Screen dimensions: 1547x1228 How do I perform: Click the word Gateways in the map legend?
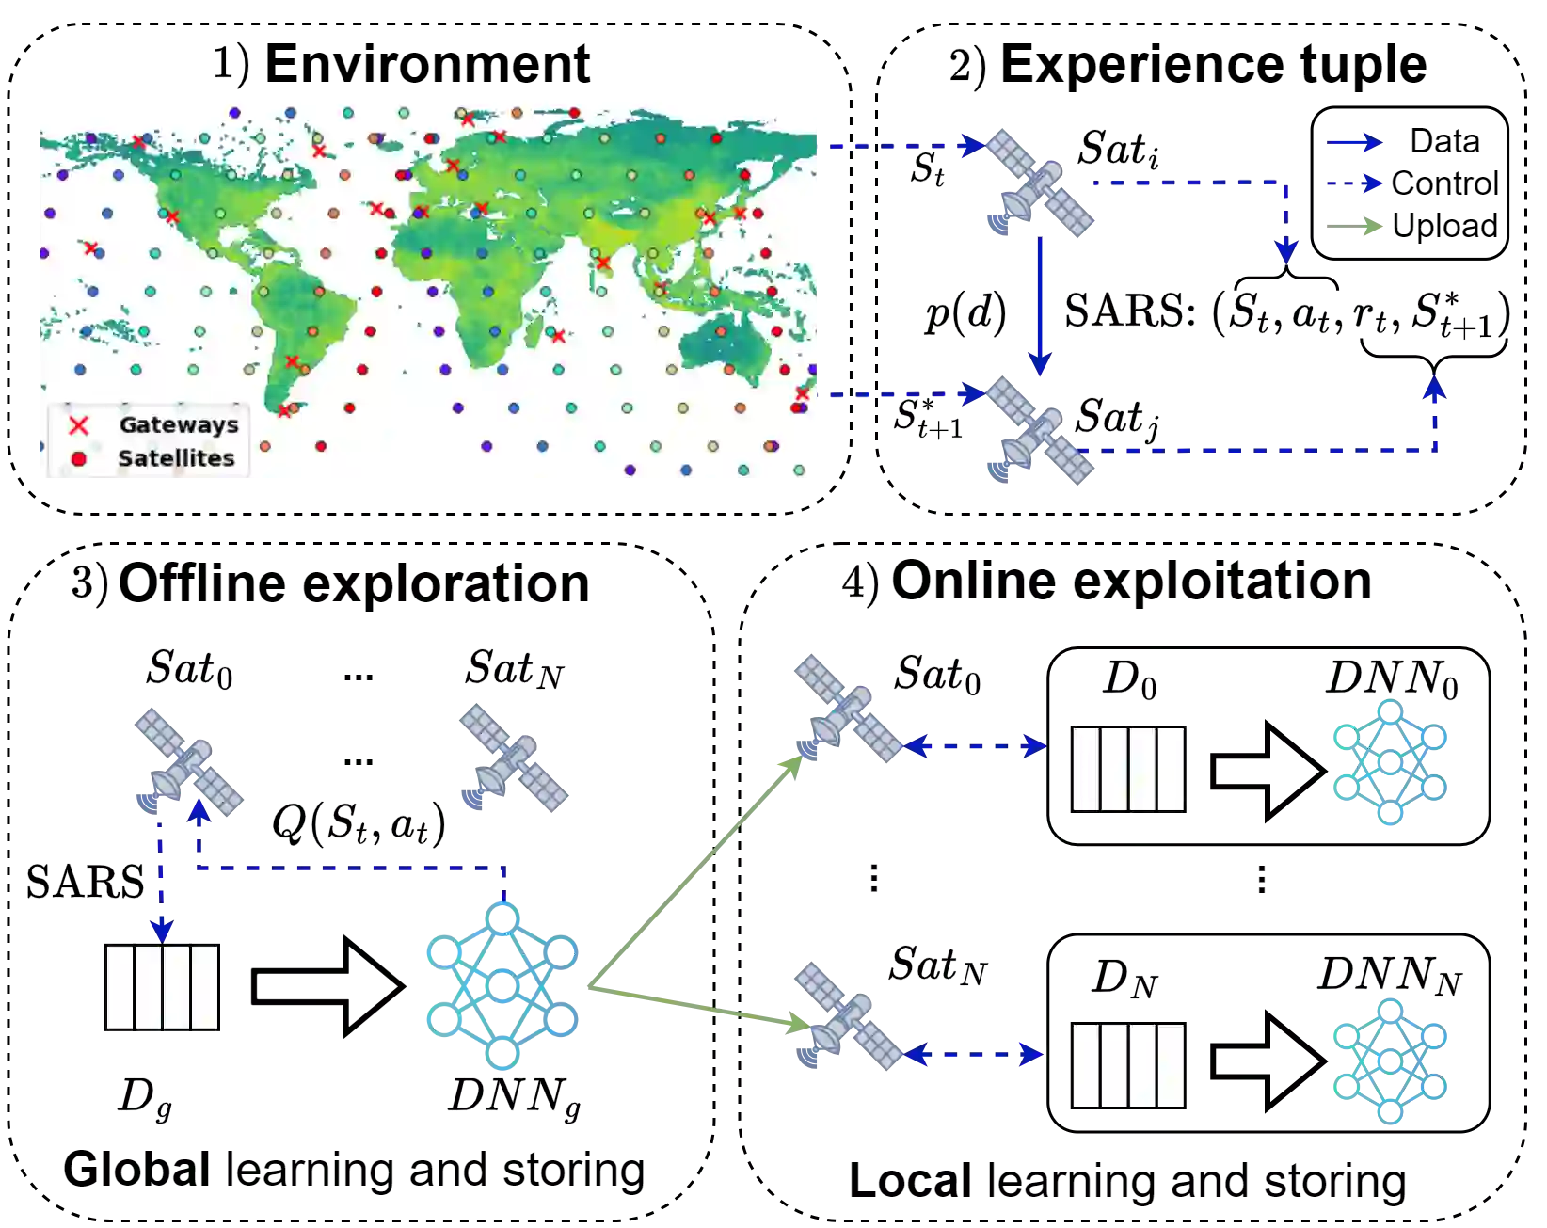point(179,424)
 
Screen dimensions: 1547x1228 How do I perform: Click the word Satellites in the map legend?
point(176,458)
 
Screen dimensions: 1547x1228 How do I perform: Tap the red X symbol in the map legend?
point(79,425)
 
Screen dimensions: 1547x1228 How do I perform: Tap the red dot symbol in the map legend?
point(78,458)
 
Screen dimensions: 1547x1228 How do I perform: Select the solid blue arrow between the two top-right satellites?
point(1039,306)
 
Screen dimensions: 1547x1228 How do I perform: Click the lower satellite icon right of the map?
point(1040,432)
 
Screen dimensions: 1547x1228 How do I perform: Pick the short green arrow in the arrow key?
point(1354,226)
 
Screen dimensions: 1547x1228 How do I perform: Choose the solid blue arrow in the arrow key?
point(1354,143)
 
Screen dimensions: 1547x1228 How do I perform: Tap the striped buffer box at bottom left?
point(162,986)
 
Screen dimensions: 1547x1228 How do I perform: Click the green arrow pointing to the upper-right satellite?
point(696,870)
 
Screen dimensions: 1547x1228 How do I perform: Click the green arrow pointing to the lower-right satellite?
point(696,1003)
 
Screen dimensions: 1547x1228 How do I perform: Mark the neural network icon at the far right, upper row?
point(1391,760)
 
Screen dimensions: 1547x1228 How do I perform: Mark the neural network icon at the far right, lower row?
point(1391,1061)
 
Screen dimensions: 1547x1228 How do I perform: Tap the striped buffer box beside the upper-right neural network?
point(1128,768)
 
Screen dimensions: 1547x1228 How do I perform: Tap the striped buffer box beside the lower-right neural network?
point(1128,1065)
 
